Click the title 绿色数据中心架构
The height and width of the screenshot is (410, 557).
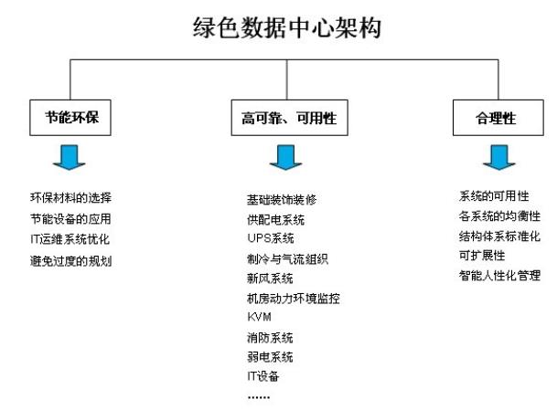(x=287, y=27)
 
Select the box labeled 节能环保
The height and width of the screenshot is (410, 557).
(x=70, y=118)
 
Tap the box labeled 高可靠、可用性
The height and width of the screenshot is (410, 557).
(x=290, y=118)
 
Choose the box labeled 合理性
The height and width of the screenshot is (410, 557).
(x=498, y=118)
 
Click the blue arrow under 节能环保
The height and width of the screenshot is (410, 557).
(x=69, y=157)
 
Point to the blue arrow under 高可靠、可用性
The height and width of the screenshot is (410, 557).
(x=285, y=157)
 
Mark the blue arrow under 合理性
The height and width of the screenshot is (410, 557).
(x=499, y=157)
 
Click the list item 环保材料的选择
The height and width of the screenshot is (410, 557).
(x=70, y=197)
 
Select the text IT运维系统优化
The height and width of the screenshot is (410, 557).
(x=70, y=239)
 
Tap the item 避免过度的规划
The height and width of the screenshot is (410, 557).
(x=70, y=261)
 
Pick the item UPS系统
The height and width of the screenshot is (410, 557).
(x=271, y=238)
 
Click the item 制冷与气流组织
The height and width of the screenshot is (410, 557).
(x=287, y=259)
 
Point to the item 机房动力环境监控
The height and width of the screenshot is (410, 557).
(x=294, y=299)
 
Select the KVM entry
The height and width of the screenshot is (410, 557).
(x=260, y=317)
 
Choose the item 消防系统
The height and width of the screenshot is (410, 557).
(x=270, y=338)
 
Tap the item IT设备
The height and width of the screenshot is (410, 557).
(x=263, y=376)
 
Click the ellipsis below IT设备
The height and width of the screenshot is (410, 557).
(x=259, y=397)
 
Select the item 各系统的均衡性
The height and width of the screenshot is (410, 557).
(x=499, y=216)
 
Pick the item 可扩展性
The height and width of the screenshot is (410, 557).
(x=482, y=256)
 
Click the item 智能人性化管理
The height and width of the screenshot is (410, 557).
(x=499, y=275)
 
